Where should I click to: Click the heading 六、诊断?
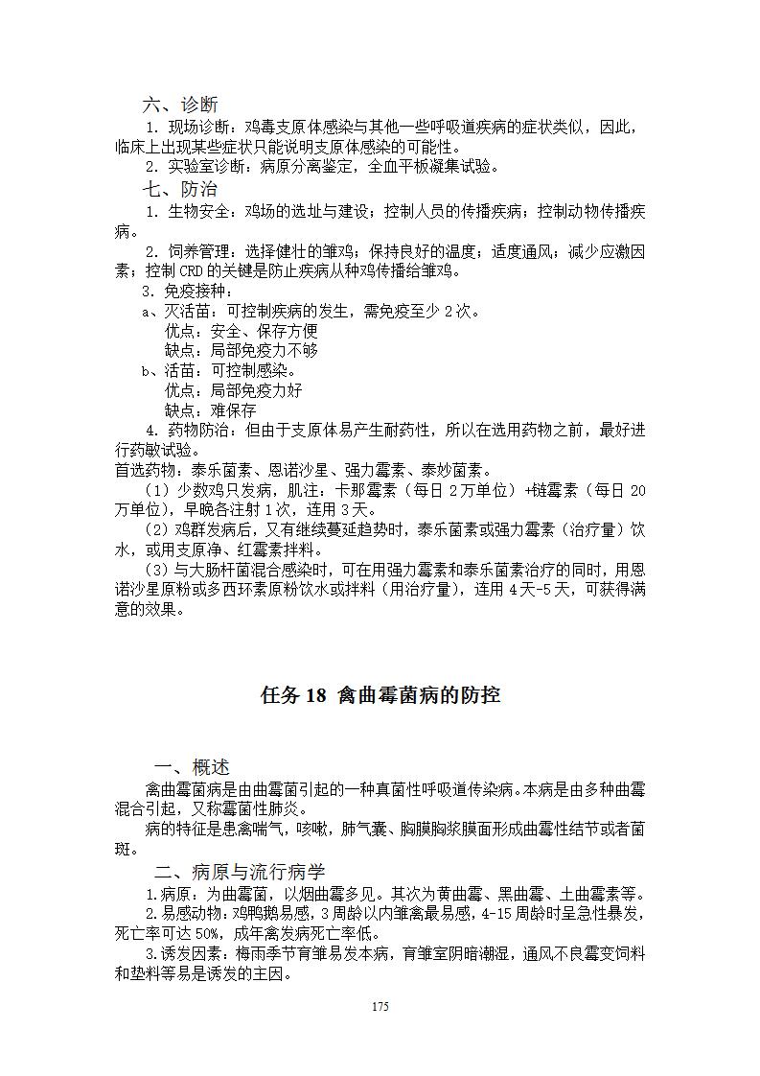coord(179,105)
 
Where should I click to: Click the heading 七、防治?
coord(179,190)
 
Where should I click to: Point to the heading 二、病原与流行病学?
coord(240,872)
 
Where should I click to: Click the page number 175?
coord(380,1007)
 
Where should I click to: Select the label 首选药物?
coord(149,471)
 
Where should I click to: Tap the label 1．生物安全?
coord(192,211)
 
